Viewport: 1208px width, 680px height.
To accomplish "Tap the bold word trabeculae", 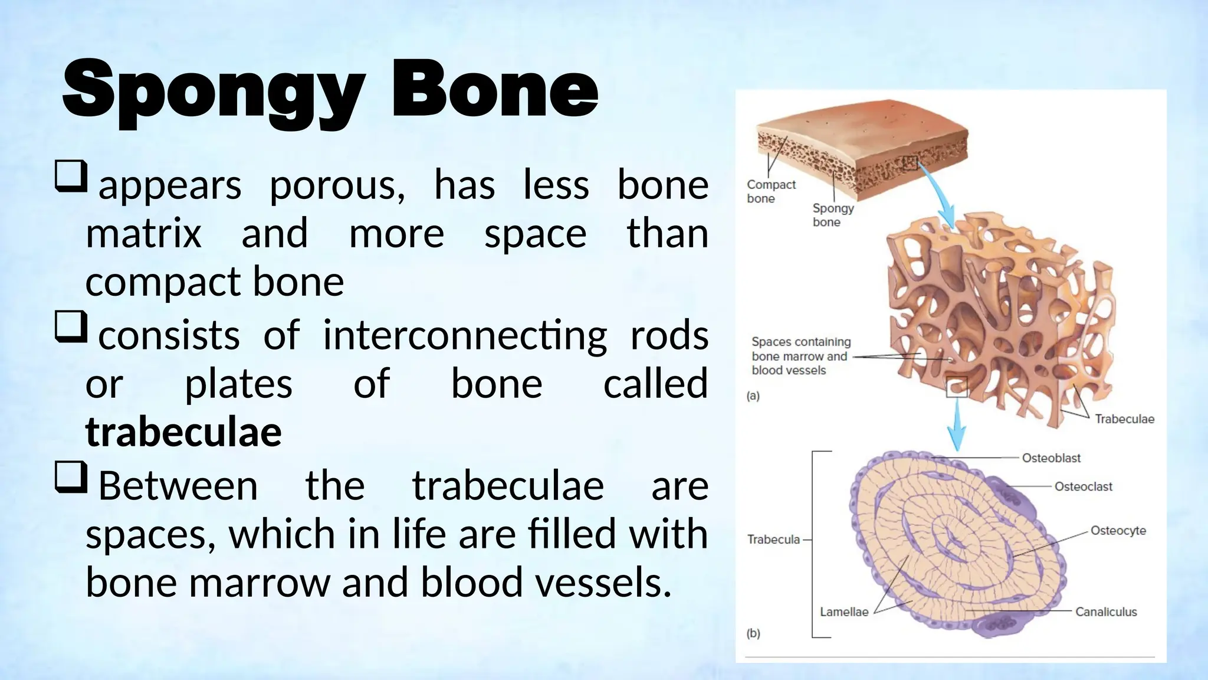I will pyautogui.click(x=183, y=432).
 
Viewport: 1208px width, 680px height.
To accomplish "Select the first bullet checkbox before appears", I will pyautogui.click(x=71, y=176).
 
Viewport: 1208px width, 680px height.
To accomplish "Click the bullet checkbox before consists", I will pyautogui.click(x=71, y=326).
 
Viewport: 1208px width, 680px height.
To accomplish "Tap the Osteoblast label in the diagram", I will pyautogui.click(x=1051, y=458).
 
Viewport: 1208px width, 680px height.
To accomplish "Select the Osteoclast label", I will pyautogui.click(x=1083, y=486).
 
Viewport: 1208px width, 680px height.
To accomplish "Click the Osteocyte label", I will pyautogui.click(x=1118, y=530).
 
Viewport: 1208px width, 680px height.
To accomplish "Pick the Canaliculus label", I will pyautogui.click(x=1106, y=612).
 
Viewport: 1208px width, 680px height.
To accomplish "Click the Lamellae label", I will pyautogui.click(x=844, y=612).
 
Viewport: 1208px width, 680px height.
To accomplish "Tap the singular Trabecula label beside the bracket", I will pyautogui.click(x=773, y=540).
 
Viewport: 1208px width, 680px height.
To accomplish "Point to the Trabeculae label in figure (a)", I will pyautogui.click(x=1124, y=419).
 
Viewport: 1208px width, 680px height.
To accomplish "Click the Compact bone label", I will pyautogui.click(x=770, y=191).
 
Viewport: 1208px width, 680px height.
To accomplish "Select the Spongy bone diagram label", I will pyautogui.click(x=832, y=215).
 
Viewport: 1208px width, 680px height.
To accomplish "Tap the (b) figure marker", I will pyautogui.click(x=753, y=633).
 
